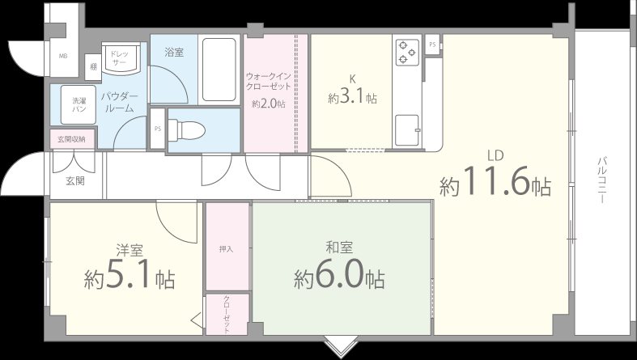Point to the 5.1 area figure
pos(130,279)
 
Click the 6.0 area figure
pos(339,279)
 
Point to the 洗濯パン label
pos(79,104)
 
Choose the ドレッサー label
pos(119,57)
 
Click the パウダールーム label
pos(120,103)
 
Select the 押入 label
pos(226,248)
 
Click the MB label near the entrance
pos(63,56)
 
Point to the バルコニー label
pos(603,180)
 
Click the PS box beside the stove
pos(432,44)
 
